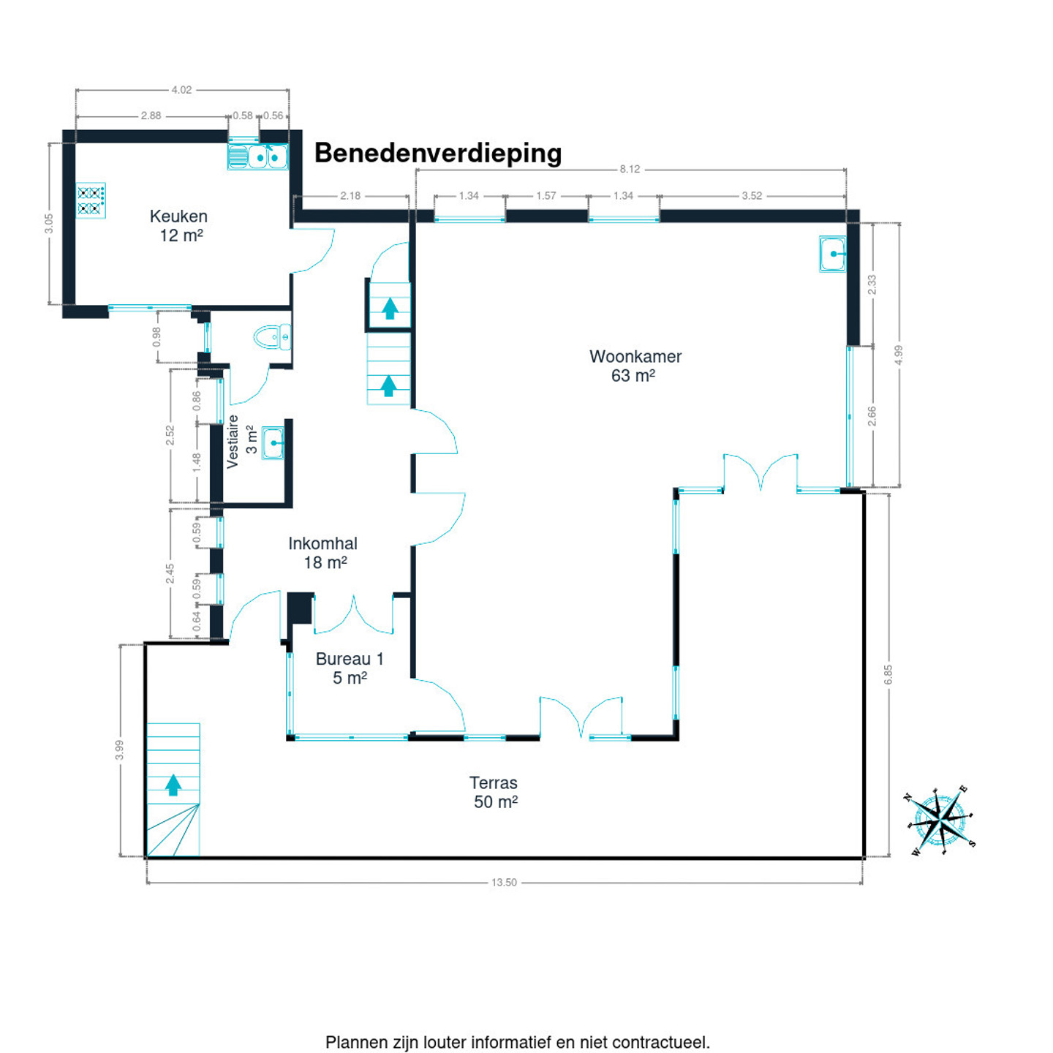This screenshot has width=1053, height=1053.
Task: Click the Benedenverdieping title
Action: [x=438, y=153]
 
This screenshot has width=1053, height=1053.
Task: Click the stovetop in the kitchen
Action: [x=91, y=200]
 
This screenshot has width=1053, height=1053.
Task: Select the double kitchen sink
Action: [x=258, y=156]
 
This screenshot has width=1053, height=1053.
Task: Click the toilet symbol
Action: [x=272, y=337]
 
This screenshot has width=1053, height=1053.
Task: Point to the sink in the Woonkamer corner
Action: [x=833, y=254]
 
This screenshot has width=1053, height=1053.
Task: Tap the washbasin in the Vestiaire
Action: [x=273, y=443]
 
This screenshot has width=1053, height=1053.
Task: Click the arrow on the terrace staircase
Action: [x=173, y=785]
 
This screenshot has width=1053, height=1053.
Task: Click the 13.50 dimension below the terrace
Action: [x=504, y=883]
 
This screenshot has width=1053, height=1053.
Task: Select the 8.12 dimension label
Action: [x=630, y=169]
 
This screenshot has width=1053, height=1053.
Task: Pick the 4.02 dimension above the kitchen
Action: [x=181, y=90]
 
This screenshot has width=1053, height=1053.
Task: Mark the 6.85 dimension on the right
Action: [x=888, y=674]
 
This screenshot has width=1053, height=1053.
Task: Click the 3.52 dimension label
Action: [x=752, y=196]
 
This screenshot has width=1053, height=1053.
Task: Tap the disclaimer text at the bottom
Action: [x=518, y=1042]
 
